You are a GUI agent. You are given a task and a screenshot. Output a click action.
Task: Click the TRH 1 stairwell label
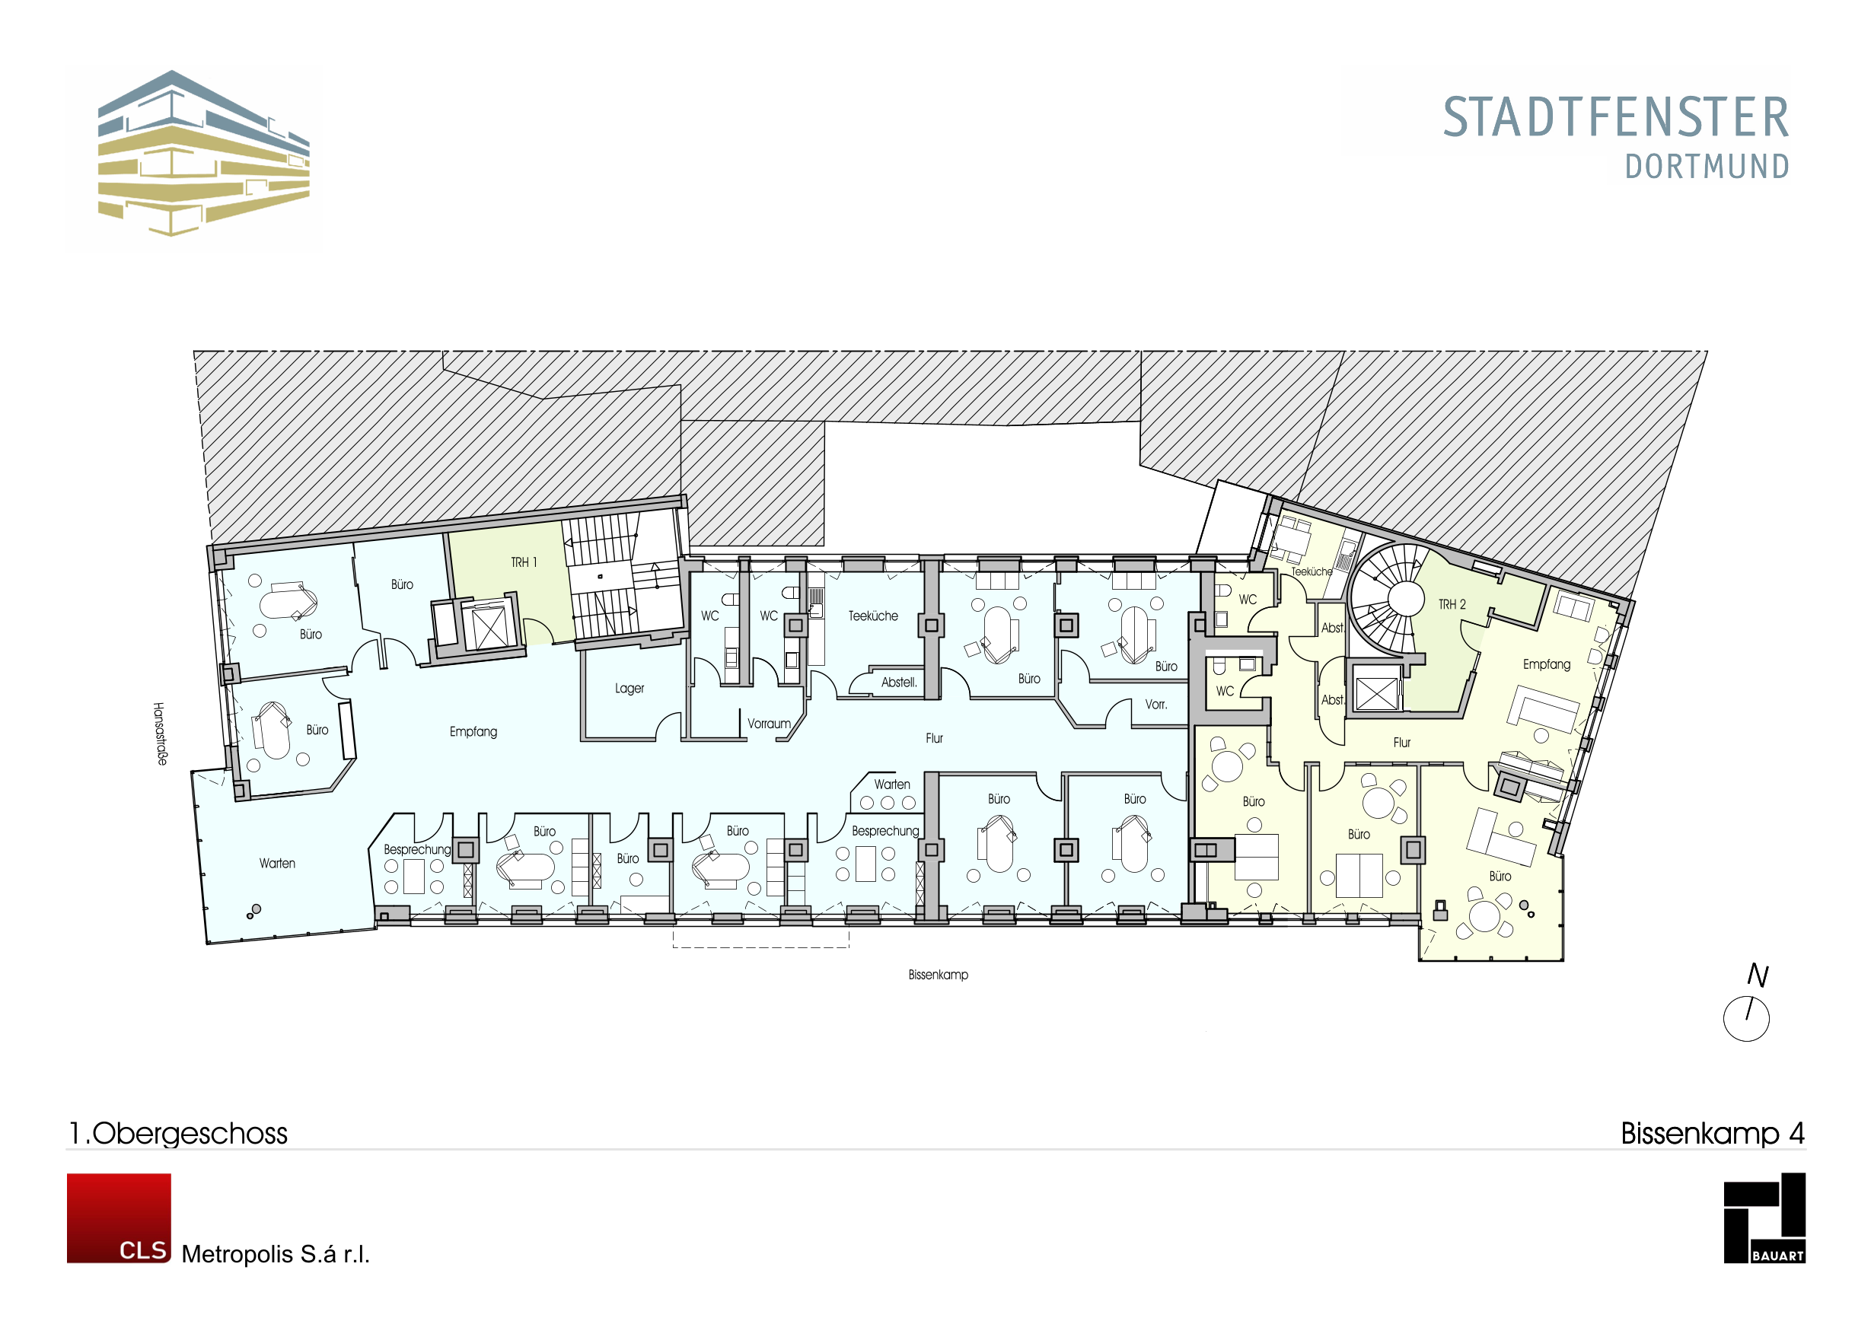click(x=524, y=562)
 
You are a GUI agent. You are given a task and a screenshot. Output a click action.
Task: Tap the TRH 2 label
click(x=1452, y=604)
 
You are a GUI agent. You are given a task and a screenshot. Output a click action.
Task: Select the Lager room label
click(x=629, y=689)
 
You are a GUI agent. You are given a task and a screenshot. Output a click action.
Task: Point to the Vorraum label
click(x=769, y=724)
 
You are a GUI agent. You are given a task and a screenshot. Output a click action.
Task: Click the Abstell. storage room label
click(x=898, y=683)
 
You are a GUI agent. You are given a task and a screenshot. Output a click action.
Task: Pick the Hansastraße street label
click(x=161, y=733)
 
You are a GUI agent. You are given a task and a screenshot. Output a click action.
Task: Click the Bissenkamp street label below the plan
click(x=938, y=975)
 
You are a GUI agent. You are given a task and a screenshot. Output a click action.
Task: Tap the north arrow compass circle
click(x=1745, y=1018)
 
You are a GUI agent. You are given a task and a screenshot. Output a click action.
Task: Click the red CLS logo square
click(x=119, y=1218)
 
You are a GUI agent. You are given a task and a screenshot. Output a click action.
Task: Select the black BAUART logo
click(x=1764, y=1218)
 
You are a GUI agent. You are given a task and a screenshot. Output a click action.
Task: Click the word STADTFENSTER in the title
click(x=1616, y=117)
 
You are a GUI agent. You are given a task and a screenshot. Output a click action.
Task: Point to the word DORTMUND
click(x=1707, y=167)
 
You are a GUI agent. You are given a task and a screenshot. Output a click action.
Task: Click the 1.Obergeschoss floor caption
click(x=178, y=1133)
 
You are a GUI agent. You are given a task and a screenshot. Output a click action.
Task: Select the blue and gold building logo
click(x=203, y=153)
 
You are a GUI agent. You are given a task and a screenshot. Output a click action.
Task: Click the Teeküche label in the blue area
click(x=872, y=616)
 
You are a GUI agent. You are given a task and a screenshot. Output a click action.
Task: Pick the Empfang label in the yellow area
click(x=1546, y=664)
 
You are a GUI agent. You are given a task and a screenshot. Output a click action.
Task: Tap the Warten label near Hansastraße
click(x=277, y=864)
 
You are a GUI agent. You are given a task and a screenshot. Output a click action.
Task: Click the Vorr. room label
click(x=1155, y=705)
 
